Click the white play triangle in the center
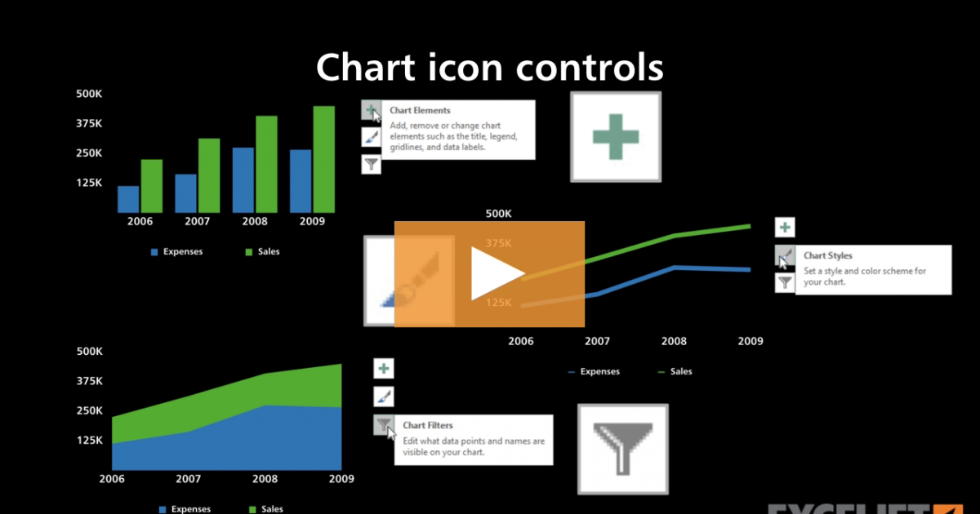click(496, 273)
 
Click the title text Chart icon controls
click(489, 67)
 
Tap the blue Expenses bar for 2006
click(128, 199)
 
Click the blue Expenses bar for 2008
click(243, 179)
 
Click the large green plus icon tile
click(615, 136)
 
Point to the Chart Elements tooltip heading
click(420, 110)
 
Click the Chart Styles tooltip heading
click(827, 255)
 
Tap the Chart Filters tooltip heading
click(427, 425)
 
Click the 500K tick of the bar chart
click(89, 94)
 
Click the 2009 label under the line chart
click(751, 341)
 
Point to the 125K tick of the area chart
click(89, 440)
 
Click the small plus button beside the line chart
click(784, 228)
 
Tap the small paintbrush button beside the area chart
click(384, 397)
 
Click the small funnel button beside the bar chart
click(371, 165)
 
